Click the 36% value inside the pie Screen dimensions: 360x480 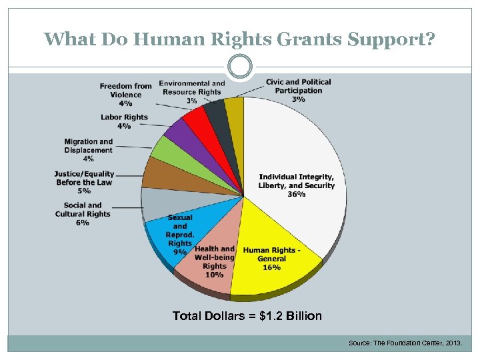pos(297,194)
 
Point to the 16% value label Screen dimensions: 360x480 pos(271,267)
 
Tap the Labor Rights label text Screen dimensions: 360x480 pos(124,117)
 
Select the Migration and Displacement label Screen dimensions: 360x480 pos(89,146)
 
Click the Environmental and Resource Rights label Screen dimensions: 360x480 pos(191,88)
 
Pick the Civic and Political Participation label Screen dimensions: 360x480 pos(298,86)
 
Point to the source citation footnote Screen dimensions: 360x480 pos(409,343)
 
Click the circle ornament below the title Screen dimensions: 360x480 pos(240,67)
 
